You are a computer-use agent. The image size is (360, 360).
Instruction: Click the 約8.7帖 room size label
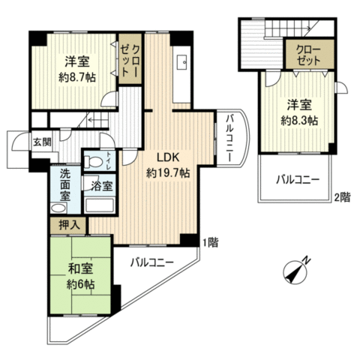(77, 78)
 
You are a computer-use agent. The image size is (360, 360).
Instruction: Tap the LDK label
(168, 157)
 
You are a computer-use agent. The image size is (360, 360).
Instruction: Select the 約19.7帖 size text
(168, 172)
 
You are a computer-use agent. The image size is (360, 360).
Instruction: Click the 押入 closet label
(69, 225)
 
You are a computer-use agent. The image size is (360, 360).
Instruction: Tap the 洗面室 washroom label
(64, 185)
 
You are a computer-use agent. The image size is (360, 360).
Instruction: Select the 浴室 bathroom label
(101, 186)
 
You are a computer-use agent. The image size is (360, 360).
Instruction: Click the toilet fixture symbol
(93, 161)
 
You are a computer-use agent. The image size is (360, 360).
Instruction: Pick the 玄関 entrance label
(43, 142)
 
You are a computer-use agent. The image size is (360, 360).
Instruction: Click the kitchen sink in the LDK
(181, 62)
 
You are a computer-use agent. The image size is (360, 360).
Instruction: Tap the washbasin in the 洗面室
(58, 208)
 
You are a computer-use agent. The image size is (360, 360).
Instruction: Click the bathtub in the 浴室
(100, 205)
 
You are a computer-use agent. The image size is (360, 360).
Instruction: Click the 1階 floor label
(210, 242)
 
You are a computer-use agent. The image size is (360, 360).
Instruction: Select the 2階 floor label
(342, 197)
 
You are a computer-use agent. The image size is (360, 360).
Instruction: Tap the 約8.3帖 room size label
(299, 121)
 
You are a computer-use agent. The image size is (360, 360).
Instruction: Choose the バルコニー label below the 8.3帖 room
(298, 180)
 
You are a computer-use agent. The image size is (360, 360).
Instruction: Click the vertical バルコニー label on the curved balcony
(230, 138)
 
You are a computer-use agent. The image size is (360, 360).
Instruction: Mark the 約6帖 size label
(80, 284)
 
